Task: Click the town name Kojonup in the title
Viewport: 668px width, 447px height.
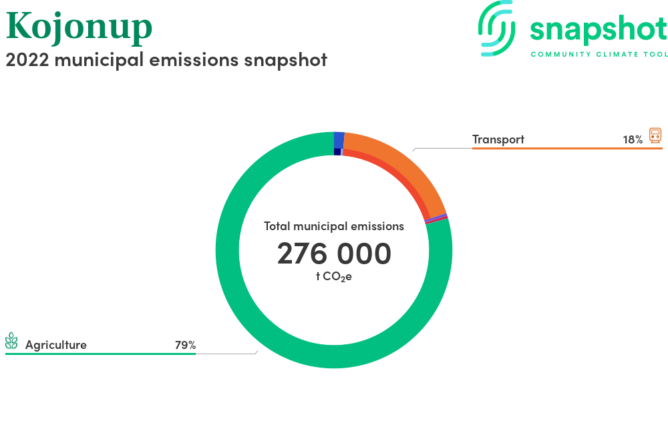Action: [x=79, y=27]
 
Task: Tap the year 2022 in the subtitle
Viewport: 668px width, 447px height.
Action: [x=27, y=60]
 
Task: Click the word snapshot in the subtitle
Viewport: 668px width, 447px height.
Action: [x=285, y=60]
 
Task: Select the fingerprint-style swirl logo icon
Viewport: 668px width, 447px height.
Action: [x=496, y=29]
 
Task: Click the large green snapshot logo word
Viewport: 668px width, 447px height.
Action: [x=599, y=30]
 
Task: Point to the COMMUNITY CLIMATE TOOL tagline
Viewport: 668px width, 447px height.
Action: [x=599, y=55]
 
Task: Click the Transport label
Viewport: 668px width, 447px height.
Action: [x=498, y=139]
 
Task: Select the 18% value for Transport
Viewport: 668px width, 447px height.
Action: [x=633, y=139]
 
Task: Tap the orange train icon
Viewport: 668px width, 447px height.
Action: [x=655, y=135]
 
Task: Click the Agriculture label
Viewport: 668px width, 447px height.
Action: [x=56, y=344]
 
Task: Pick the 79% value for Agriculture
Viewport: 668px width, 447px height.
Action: [x=185, y=344]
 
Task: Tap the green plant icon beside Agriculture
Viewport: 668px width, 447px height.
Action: [x=11, y=341]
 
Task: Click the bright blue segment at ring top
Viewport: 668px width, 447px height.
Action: [x=339, y=140]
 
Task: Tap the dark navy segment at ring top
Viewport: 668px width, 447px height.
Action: [x=337, y=152]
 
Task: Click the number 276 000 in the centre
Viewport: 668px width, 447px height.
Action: [x=334, y=254]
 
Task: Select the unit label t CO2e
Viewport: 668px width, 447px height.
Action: [x=334, y=277]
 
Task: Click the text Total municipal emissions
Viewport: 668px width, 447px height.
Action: [x=334, y=226]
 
